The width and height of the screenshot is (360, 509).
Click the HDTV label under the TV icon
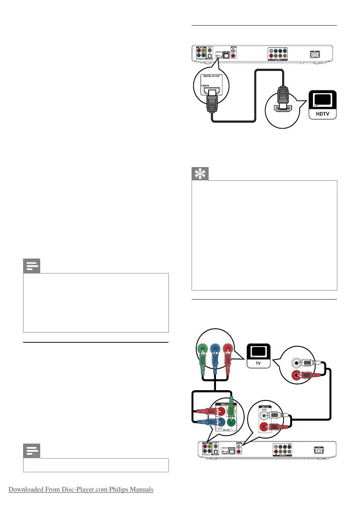tap(322, 115)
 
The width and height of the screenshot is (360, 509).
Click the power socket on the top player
tap(317, 55)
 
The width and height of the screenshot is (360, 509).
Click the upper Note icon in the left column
tap(31, 267)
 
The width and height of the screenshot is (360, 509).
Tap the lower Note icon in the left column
tap(31, 450)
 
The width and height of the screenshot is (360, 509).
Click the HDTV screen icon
tap(322, 100)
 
